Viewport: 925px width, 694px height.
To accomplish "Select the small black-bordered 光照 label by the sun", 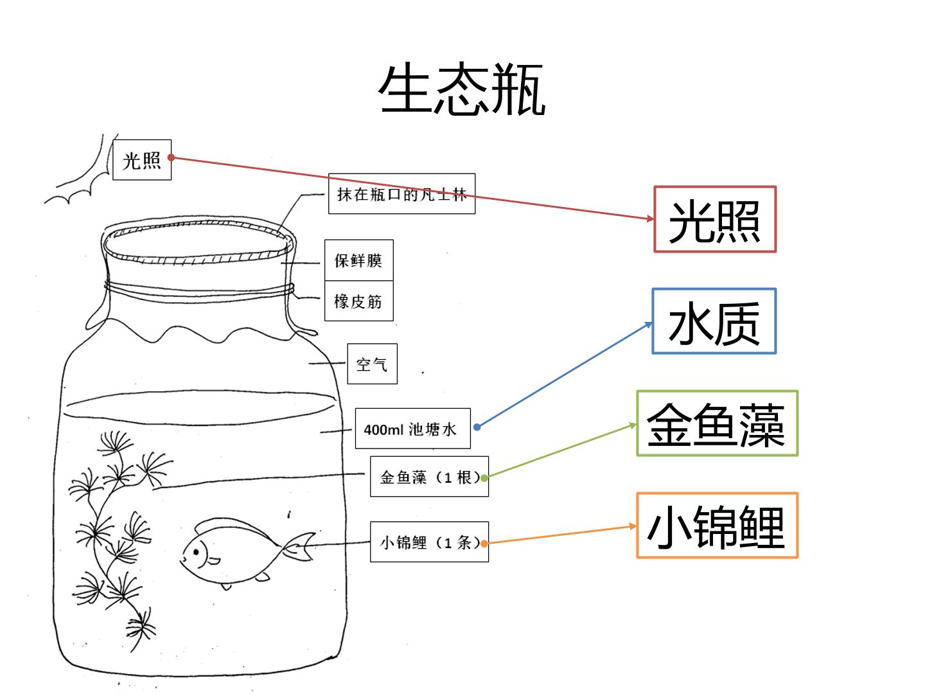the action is click(x=142, y=160).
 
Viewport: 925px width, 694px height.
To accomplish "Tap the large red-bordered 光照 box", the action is click(x=715, y=219).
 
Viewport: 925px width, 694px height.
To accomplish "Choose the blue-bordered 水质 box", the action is click(x=714, y=321).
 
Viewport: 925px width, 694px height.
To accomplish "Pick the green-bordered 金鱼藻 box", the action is click(x=717, y=423).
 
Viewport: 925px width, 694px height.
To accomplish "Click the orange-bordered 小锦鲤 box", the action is click(x=717, y=526).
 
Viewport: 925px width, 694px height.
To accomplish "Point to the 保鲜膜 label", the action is click(x=358, y=260).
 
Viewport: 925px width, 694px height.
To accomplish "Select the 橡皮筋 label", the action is click(x=358, y=301).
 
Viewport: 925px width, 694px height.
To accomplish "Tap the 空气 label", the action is click(x=372, y=364).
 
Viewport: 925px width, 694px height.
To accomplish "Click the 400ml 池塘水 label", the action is click(x=412, y=428).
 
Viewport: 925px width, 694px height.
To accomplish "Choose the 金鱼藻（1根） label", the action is click(x=429, y=476).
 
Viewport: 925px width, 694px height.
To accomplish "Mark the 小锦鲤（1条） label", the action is click(x=429, y=542).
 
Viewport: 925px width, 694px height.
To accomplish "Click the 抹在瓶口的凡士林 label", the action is click(x=401, y=193).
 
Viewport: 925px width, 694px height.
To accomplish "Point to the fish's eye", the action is click(x=196, y=551).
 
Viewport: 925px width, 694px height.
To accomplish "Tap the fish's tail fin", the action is click(x=299, y=546).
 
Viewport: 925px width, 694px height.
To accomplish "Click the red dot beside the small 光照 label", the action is click(x=171, y=157).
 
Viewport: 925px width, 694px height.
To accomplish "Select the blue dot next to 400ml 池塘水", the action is click(x=477, y=427).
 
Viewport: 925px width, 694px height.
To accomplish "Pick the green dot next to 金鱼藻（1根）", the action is click(x=484, y=478).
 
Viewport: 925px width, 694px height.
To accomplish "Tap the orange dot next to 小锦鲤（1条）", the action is click(x=484, y=544).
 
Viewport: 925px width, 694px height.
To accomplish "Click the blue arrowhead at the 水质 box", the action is click(x=649, y=325).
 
